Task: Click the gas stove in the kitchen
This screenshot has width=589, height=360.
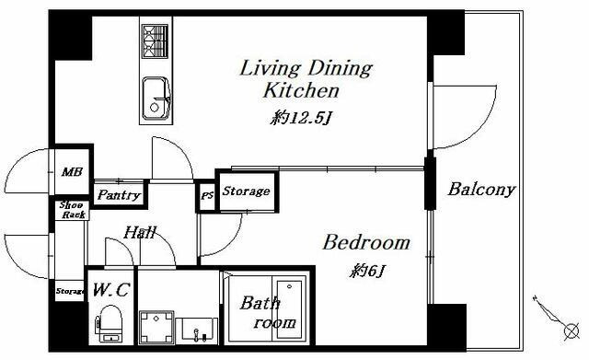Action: [155, 41]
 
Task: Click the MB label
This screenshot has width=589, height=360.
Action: [72, 172]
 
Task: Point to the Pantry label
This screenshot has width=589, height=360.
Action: [119, 194]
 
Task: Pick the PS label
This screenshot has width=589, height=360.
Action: [207, 196]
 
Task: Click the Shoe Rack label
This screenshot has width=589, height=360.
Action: [73, 210]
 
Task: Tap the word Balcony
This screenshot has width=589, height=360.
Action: [480, 189]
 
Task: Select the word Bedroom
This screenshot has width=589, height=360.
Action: [366, 242]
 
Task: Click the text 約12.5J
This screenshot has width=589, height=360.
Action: [301, 119]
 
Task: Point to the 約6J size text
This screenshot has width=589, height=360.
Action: [368, 271]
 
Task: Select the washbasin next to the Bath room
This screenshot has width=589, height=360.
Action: [196, 331]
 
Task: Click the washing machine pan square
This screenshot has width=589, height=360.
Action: [156, 327]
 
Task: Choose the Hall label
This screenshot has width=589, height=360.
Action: [139, 232]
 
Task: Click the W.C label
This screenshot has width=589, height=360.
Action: [111, 290]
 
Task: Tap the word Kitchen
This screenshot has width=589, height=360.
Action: [301, 90]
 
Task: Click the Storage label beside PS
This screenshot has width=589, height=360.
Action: [246, 191]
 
